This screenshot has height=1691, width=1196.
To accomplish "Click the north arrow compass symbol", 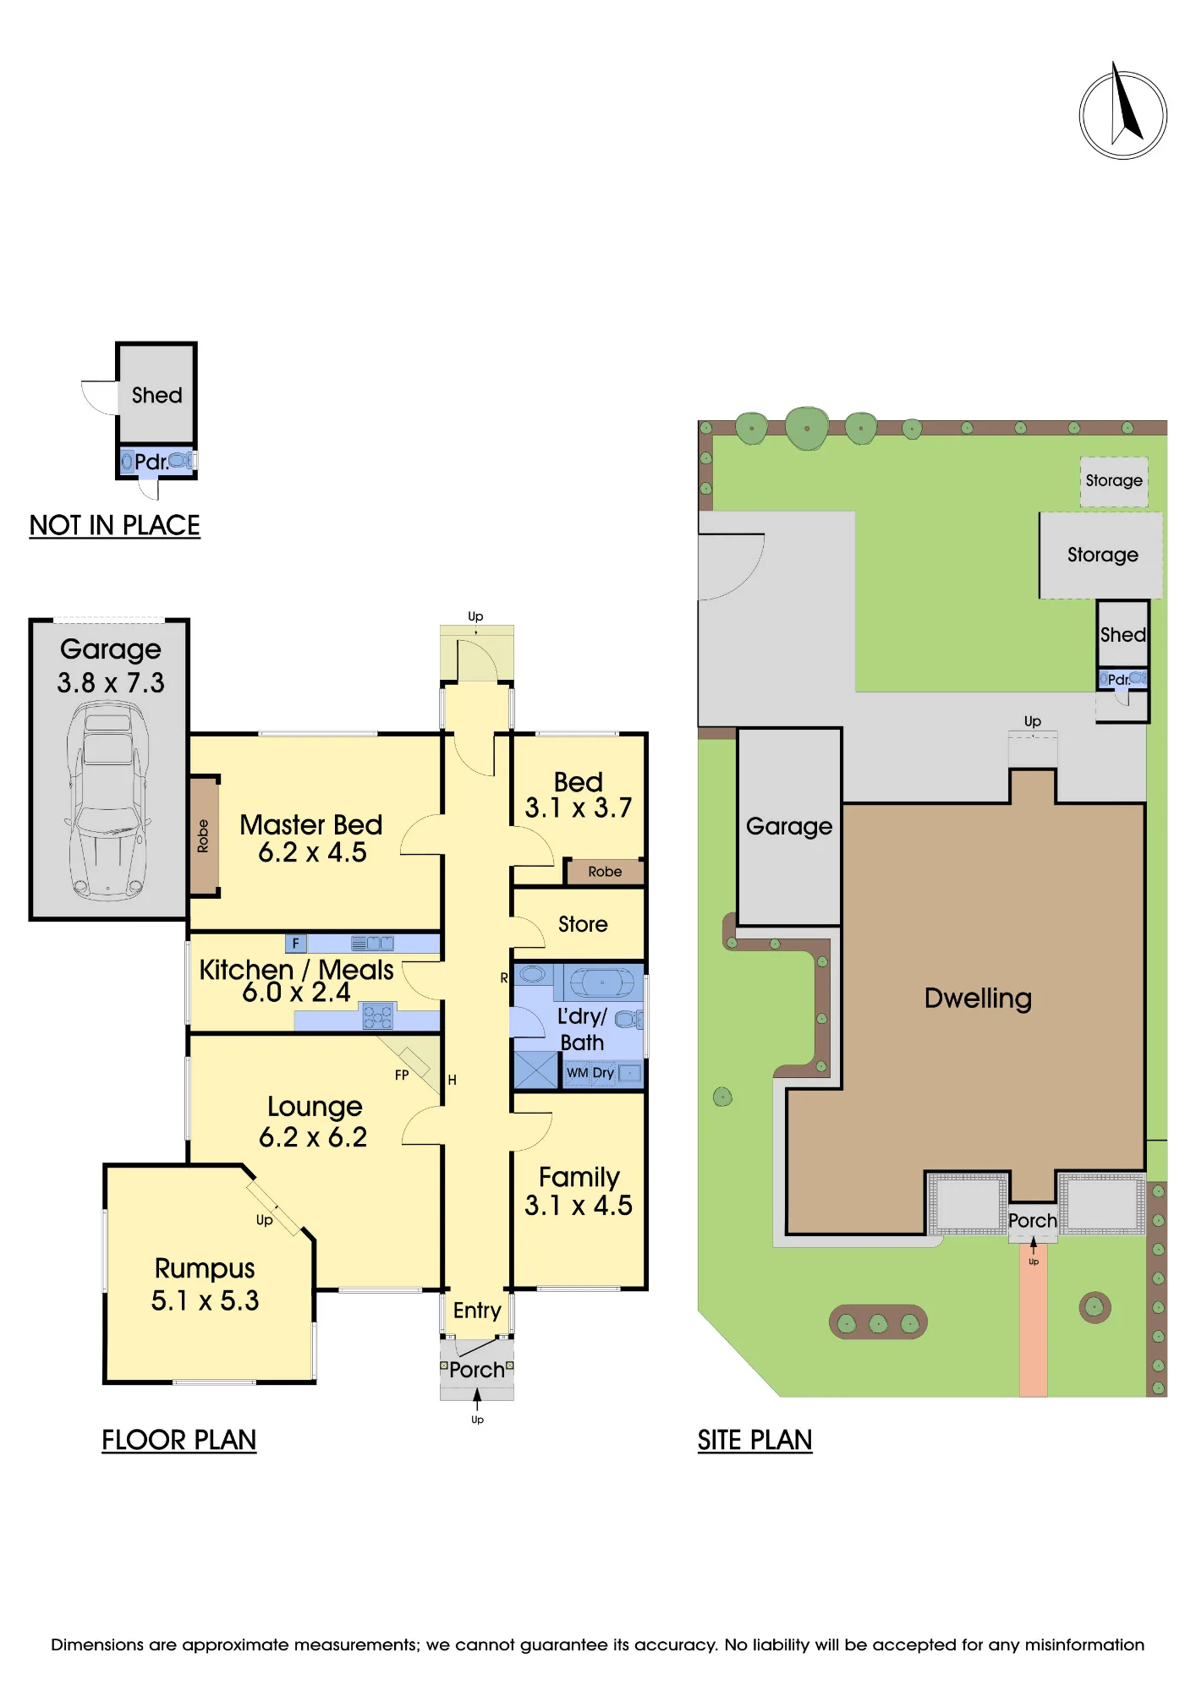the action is pyautogui.click(x=1122, y=113).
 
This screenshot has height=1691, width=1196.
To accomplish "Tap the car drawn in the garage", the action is pyautogui.click(x=108, y=800).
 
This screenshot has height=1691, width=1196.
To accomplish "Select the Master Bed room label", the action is pyautogui.click(x=311, y=824).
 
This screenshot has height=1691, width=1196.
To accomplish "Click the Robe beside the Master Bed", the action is pyautogui.click(x=204, y=835).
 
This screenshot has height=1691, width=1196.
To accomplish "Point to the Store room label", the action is pyautogui.click(x=583, y=924).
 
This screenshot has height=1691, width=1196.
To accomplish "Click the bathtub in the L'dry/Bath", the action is pyautogui.click(x=601, y=982).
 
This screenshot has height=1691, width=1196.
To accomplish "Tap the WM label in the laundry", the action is pyautogui.click(x=577, y=1073).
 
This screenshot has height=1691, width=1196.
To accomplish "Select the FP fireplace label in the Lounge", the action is pyautogui.click(x=402, y=1075).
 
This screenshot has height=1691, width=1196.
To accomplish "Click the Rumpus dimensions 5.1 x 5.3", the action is pyautogui.click(x=205, y=1300).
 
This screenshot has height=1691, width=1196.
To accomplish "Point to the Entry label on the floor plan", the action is pyautogui.click(x=477, y=1311).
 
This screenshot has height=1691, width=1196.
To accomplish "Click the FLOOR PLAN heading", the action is pyautogui.click(x=178, y=1440).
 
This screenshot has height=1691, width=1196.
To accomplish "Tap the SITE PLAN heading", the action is pyautogui.click(x=754, y=1440).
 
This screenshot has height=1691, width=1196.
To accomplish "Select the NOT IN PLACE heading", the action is pyautogui.click(x=114, y=525).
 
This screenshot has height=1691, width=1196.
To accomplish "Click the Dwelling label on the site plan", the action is pyautogui.click(x=978, y=999).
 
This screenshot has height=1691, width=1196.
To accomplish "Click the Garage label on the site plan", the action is pyautogui.click(x=789, y=826).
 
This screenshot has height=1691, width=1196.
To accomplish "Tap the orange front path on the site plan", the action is pyautogui.click(x=1033, y=1319).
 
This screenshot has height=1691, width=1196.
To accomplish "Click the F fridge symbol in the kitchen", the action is pyautogui.click(x=296, y=943).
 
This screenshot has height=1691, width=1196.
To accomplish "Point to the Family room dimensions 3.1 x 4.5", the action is pyautogui.click(x=579, y=1205).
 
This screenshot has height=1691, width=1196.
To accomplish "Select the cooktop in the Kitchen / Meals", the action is pyautogui.click(x=377, y=1015).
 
